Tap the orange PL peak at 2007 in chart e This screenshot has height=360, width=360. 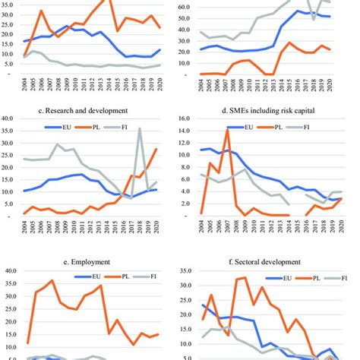click(52, 281)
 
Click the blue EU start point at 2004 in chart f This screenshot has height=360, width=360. click(203, 305)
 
